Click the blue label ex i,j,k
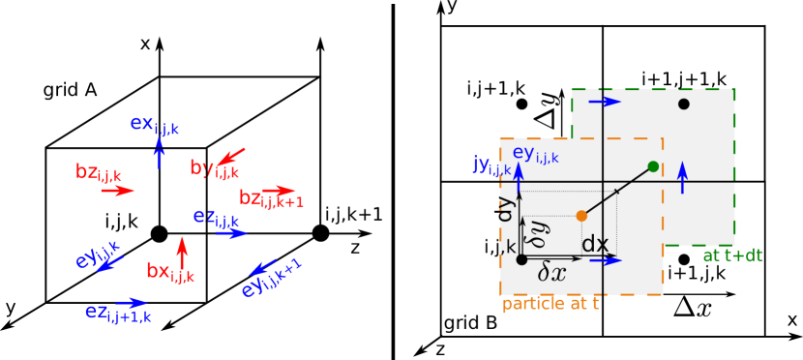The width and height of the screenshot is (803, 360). pos(155,125)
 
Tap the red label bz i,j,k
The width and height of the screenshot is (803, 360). pos(99,173)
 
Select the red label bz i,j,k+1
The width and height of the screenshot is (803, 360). pos(271,199)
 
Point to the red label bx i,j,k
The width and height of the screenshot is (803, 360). pos(170,272)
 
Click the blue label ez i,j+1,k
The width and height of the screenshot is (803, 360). pos(118,313)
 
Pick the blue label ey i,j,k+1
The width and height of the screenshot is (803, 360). pos(271,279)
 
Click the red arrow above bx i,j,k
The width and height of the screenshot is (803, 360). pos(181,248)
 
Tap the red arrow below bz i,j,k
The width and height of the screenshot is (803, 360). pos(118,191)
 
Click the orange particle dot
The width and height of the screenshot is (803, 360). pos(581,216)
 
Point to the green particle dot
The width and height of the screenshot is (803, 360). pos(653,166)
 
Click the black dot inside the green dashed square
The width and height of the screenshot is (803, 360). pos(684,104)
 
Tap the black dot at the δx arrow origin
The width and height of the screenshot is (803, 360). pos(521,259)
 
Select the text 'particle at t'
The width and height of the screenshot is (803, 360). pos(550,304)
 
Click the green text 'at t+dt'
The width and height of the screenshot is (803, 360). pos(732,255)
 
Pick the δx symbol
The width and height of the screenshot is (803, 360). pos(552,274)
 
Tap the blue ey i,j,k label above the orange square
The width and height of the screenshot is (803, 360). pos(535,153)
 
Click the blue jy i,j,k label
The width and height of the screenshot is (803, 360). pos(491,165)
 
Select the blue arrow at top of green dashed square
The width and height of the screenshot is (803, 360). pos(605,102)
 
